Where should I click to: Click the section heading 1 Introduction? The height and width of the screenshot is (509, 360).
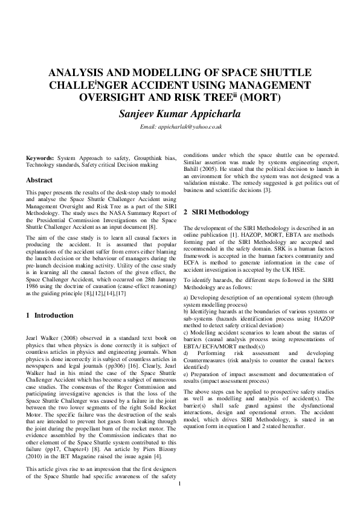52,315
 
